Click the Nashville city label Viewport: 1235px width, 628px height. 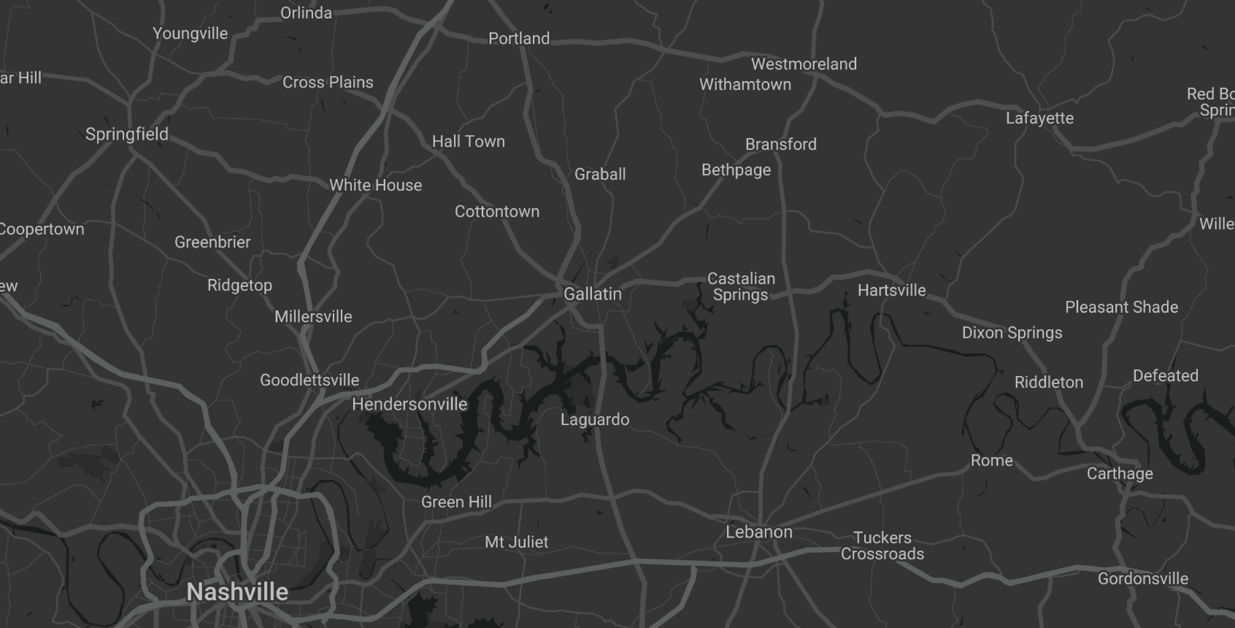[237, 592]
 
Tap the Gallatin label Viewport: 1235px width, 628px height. [593, 294]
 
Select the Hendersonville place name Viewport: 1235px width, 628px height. [409, 404]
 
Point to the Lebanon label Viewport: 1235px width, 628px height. [759, 532]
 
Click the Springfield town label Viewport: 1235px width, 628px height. [127, 134]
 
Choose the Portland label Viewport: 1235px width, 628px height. [519, 38]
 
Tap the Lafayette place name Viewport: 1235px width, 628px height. [1039, 118]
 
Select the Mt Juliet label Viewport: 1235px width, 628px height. [516, 542]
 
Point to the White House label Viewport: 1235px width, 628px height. [375, 185]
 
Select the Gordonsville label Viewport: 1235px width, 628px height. [1143, 579]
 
